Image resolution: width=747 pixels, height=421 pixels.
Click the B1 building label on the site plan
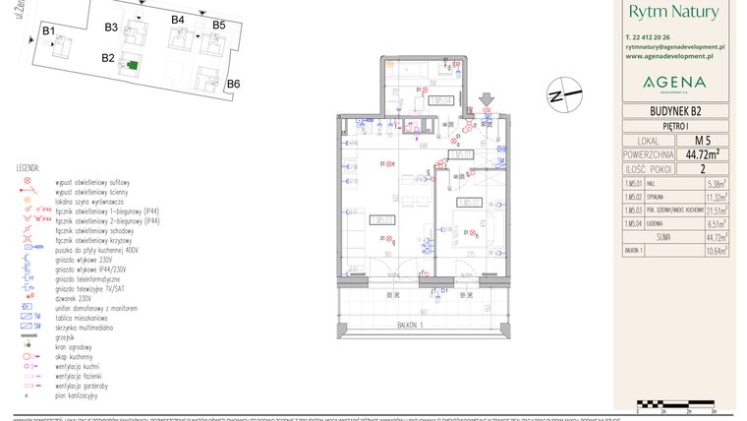[47, 31]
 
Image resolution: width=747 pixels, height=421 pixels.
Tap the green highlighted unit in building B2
[131, 65]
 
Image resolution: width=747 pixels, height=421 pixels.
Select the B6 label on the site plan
[233, 85]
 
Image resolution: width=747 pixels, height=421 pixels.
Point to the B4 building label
[178, 20]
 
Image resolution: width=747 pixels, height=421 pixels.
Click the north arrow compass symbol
[566, 95]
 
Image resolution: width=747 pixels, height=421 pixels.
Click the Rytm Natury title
[674, 12]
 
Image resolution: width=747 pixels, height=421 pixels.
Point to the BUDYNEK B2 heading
[674, 111]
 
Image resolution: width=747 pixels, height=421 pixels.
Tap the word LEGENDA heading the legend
[28, 169]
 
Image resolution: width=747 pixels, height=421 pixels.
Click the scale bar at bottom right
[677, 403]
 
